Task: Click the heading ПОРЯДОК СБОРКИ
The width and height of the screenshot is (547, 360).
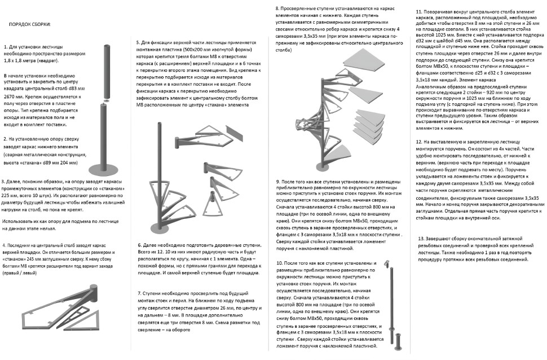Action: click(29, 25)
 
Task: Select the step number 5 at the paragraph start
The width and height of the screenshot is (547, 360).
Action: click(138, 42)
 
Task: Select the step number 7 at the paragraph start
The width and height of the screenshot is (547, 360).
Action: click(139, 294)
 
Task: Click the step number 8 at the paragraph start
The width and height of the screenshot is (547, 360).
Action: click(277, 9)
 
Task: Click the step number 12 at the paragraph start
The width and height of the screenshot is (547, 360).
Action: click(419, 142)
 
